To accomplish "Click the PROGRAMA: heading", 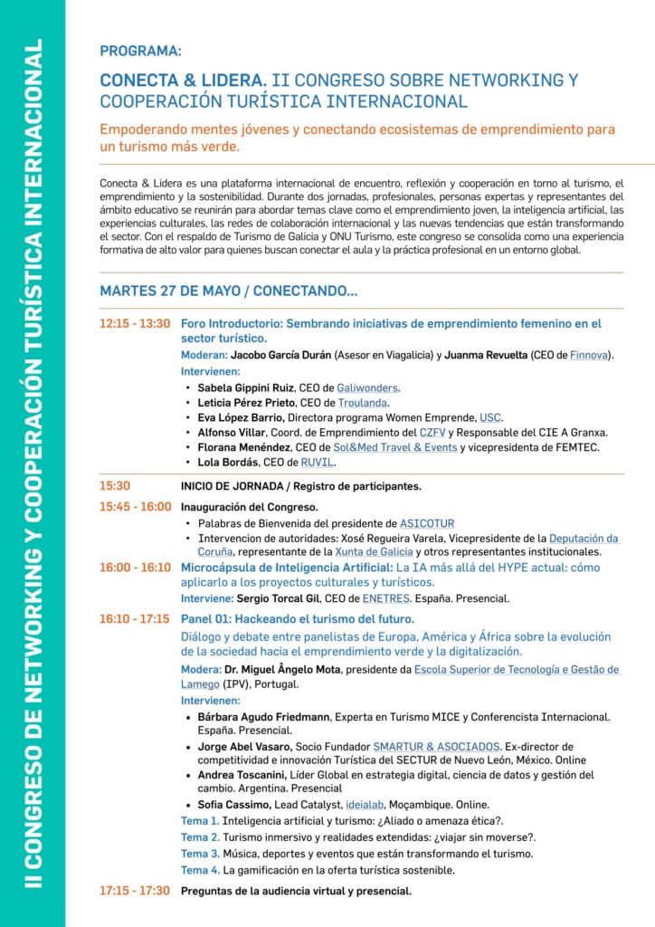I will [x=140, y=52].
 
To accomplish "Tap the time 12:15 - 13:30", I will [x=135, y=323].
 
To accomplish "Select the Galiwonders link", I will [x=367, y=387].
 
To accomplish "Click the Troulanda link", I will [x=362, y=403].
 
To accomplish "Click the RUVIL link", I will [x=318, y=463].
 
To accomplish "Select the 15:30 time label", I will [x=115, y=486].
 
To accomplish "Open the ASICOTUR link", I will [x=427, y=523].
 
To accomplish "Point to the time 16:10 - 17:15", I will [x=135, y=619].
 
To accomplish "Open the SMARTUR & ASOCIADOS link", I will [x=436, y=746].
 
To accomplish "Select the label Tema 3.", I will [x=200, y=854].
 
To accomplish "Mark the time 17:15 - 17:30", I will [x=135, y=891].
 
